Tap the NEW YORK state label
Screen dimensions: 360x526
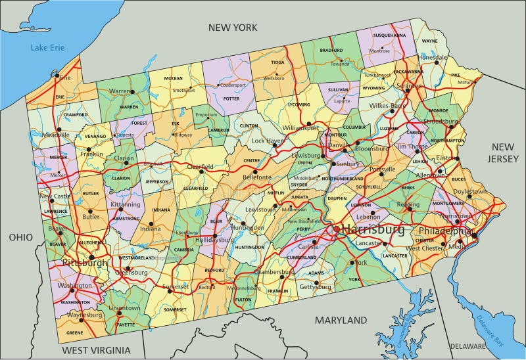(232, 27)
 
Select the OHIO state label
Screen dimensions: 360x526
(21, 236)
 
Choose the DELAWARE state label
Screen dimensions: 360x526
(468, 346)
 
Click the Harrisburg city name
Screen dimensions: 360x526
(372, 230)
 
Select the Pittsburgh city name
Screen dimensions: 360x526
(84, 263)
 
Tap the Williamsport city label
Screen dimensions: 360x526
(300, 127)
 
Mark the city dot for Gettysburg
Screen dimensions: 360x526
(316, 284)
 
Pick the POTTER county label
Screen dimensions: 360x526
(231, 99)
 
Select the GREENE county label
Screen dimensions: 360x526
(74, 333)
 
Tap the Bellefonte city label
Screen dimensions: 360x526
(257, 177)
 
